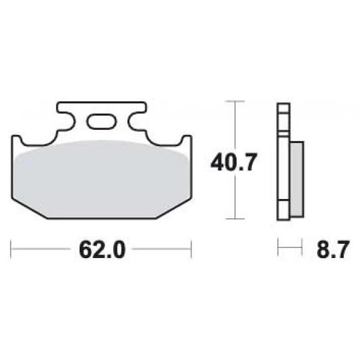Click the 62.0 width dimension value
tap(102, 249)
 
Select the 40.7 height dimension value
tap(234, 162)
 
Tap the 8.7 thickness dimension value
tap(333, 249)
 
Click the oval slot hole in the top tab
tap(101, 121)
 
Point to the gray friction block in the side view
tap(297, 179)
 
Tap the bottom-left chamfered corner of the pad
tap(29, 208)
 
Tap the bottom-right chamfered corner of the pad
tap(173, 208)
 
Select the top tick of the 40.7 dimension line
tap(235, 101)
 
